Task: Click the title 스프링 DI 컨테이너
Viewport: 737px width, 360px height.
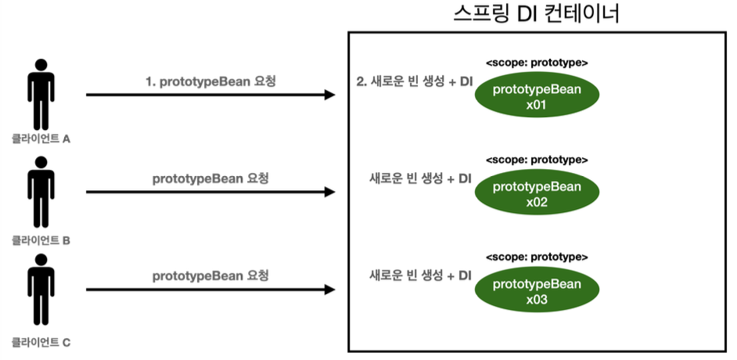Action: click(x=536, y=14)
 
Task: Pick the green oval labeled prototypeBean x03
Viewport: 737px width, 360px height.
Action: click(x=537, y=290)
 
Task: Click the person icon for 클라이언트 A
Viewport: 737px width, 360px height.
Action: click(x=41, y=94)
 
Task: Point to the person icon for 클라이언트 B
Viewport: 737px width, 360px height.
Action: click(x=41, y=192)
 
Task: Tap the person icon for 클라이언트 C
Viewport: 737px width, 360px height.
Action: click(x=41, y=290)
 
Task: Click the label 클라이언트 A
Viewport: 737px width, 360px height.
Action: click(x=41, y=139)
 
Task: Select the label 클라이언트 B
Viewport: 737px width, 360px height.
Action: click(x=41, y=240)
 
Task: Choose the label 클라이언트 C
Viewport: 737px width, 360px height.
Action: click(x=41, y=342)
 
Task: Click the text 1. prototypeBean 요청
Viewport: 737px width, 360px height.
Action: click(x=210, y=81)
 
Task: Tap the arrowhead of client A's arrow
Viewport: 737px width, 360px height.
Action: click(x=330, y=95)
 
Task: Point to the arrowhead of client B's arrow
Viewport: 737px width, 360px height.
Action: click(x=330, y=192)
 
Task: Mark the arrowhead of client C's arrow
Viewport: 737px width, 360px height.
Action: click(x=330, y=290)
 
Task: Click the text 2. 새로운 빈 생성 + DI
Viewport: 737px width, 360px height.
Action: click(x=414, y=81)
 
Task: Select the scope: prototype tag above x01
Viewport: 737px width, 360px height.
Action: click(x=537, y=63)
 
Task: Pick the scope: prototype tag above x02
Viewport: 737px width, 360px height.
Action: click(x=537, y=160)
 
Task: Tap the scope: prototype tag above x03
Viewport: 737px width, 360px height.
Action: click(x=537, y=257)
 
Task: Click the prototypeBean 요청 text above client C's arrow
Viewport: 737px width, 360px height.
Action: click(x=210, y=276)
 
